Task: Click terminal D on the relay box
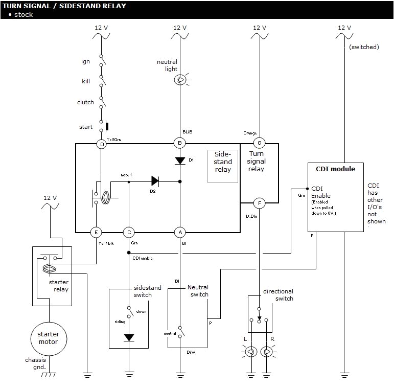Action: pos(102,144)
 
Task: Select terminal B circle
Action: pos(179,143)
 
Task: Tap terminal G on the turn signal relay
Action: pos(260,144)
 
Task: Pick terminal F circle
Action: pos(260,203)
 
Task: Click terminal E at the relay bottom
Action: pos(96,232)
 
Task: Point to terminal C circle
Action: pos(129,232)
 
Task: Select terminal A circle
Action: pos(179,232)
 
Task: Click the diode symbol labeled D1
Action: pos(179,161)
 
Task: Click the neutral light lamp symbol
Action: pos(180,79)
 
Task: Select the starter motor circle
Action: pos(49,338)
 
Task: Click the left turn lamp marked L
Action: pos(250,352)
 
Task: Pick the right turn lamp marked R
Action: pos(267,352)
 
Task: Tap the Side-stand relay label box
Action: pos(223,166)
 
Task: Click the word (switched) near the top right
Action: pos(364,47)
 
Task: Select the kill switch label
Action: pos(86,81)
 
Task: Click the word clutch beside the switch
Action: pos(85,102)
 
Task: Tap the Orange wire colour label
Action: pos(250,133)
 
